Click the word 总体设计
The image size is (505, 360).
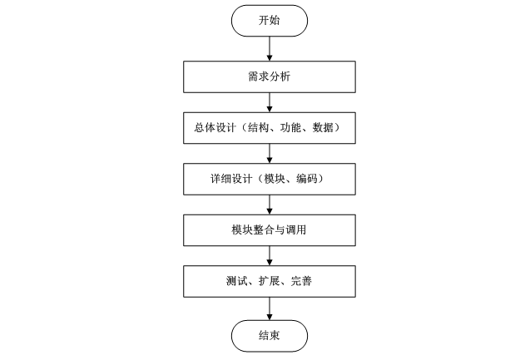point(210,129)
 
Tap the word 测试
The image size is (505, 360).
point(235,281)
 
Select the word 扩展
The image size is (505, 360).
point(269,281)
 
